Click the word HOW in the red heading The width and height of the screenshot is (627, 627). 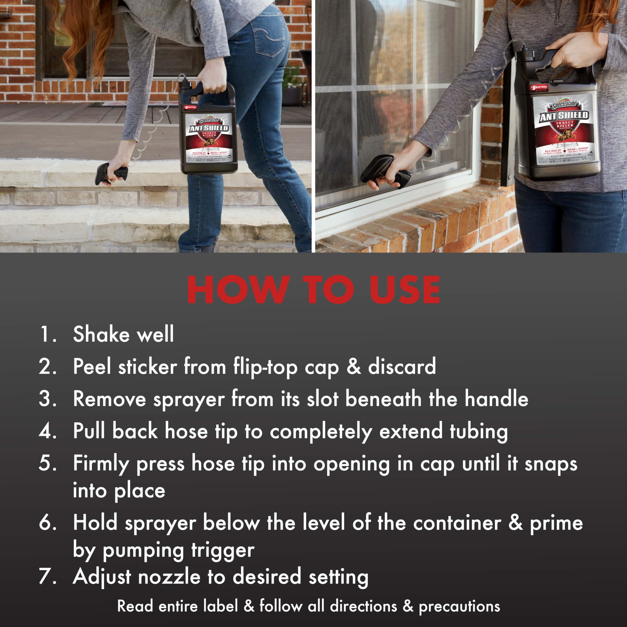point(238,289)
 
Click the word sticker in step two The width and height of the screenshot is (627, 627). point(148,367)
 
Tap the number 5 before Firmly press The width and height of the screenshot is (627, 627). point(47,463)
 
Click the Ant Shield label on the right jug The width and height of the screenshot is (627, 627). point(563,130)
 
